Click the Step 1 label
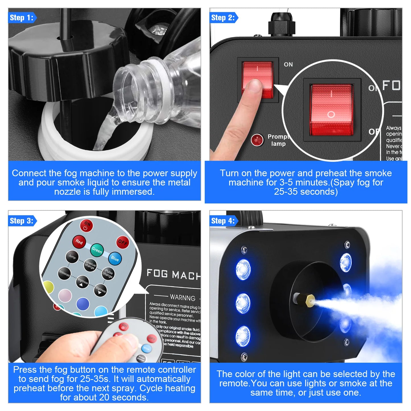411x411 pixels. tap(22, 18)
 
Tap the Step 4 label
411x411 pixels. tap(223, 221)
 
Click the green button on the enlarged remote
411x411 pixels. tap(97, 250)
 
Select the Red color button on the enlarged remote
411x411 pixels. tap(79, 242)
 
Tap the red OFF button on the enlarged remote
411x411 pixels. tap(123, 242)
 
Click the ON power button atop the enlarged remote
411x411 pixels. tap(86, 226)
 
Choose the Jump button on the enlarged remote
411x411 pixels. tap(72, 257)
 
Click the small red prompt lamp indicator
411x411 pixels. tap(257, 140)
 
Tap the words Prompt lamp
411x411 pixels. tap(278, 140)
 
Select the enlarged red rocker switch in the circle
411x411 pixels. tap(332, 110)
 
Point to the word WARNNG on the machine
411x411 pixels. tap(183, 298)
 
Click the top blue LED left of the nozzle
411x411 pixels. tap(243, 269)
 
